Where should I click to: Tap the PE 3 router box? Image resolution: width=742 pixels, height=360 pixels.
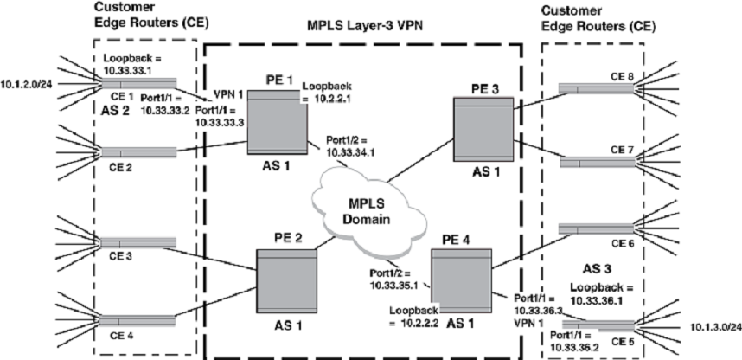[481, 131]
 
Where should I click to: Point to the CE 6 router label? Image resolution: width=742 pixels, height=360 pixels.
[624, 243]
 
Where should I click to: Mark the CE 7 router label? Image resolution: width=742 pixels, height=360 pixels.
[624, 151]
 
